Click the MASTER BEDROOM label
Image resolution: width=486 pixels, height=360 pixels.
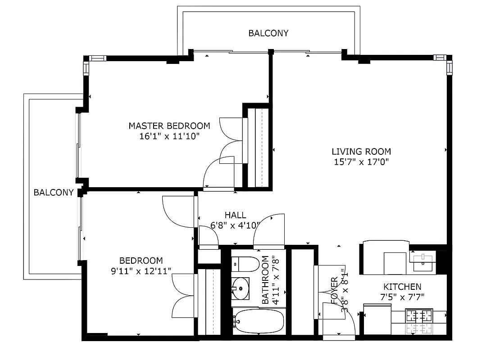click(169, 126)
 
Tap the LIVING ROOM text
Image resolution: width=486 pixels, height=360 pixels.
click(361, 152)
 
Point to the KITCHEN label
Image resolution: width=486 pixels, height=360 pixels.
click(402, 287)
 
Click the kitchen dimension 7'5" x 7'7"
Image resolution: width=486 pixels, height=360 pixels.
click(402, 297)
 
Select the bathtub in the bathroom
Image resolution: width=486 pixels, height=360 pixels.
click(259, 321)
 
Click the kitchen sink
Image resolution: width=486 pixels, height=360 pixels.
click(422, 260)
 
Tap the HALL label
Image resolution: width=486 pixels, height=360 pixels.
click(235, 216)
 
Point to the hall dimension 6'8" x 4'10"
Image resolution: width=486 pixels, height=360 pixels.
click(235, 225)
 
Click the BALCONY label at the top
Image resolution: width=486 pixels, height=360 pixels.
click(268, 33)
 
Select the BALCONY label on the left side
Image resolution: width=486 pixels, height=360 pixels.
click(54, 193)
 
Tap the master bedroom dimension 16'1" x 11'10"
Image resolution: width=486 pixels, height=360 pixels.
click(169, 136)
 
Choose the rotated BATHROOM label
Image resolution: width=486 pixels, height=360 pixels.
click(265, 280)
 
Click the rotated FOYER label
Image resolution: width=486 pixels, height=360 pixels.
click(334, 290)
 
